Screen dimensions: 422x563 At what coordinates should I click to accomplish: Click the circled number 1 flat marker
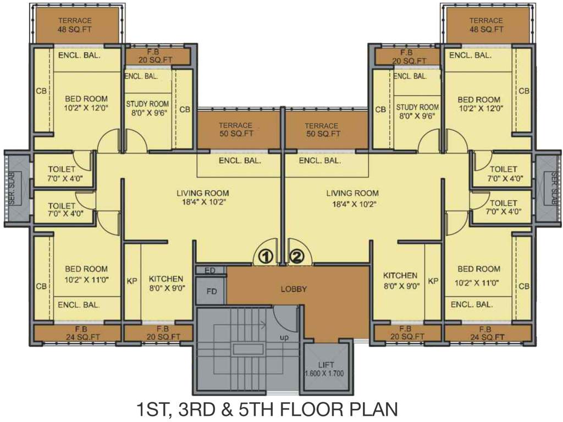click(x=266, y=256)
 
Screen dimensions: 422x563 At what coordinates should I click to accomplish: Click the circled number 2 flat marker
click(x=297, y=256)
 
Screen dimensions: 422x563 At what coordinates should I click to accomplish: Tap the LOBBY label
click(x=294, y=289)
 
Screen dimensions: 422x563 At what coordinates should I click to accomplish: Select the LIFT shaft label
click(x=326, y=365)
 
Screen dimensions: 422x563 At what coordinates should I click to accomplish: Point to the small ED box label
click(x=209, y=270)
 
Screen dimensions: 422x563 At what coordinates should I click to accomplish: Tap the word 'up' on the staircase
click(x=285, y=336)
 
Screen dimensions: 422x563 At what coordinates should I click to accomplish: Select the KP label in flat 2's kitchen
click(x=433, y=281)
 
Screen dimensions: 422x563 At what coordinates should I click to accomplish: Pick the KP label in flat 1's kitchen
click(x=132, y=281)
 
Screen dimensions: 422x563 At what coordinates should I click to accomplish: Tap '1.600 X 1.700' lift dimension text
click(x=327, y=374)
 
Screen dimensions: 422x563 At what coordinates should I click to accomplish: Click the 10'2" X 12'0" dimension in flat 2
click(x=479, y=108)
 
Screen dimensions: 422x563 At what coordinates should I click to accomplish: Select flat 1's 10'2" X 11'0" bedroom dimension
click(x=86, y=279)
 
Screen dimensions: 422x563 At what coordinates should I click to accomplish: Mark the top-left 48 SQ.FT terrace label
click(x=75, y=29)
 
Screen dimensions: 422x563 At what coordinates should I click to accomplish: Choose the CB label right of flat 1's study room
click(x=185, y=109)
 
